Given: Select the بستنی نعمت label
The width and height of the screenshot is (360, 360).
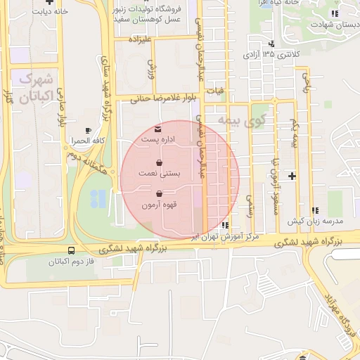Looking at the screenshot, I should (162, 172).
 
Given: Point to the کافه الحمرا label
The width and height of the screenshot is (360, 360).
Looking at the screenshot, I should (87, 141).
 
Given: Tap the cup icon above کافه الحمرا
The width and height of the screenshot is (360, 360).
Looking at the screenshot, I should (88, 131).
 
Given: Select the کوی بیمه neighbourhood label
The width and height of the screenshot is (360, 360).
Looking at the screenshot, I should (238, 120).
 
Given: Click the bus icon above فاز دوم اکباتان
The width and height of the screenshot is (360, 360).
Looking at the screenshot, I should (71, 250).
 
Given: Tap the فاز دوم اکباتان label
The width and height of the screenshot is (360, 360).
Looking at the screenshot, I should (72, 261).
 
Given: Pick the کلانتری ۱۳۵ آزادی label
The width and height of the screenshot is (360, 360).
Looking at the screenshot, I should (271, 53).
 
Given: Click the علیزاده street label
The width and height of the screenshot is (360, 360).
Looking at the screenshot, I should (137, 39).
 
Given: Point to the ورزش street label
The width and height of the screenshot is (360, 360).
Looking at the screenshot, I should (150, 68).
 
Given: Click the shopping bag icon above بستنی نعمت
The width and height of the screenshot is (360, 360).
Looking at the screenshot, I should (162, 162).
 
